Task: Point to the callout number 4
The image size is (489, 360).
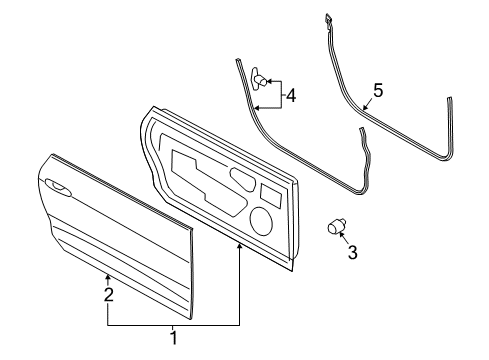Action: [x=291, y=97]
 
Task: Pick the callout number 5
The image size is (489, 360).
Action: [x=377, y=91]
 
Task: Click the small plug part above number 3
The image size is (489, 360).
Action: [x=337, y=227]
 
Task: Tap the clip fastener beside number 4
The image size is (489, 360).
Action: [x=260, y=75]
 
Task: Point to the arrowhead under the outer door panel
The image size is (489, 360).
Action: [x=108, y=274]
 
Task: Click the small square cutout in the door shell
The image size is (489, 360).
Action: [x=270, y=193]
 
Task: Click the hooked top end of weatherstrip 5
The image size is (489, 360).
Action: [x=327, y=19]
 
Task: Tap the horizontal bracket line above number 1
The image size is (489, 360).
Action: [x=173, y=324]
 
